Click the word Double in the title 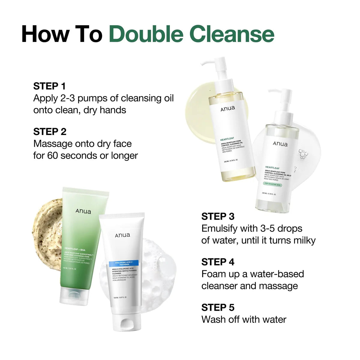(x=146, y=34)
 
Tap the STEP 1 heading (x=49, y=86)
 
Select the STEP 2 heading (x=50, y=132)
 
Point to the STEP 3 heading (x=218, y=216)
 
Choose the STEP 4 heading (x=218, y=262)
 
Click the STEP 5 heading (x=218, y=307)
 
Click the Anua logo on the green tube (x=83, y=211)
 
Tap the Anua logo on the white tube (x=122, y=235)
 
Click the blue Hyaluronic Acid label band (x=123, y=263)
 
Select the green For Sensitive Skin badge (x=272, y=184)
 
